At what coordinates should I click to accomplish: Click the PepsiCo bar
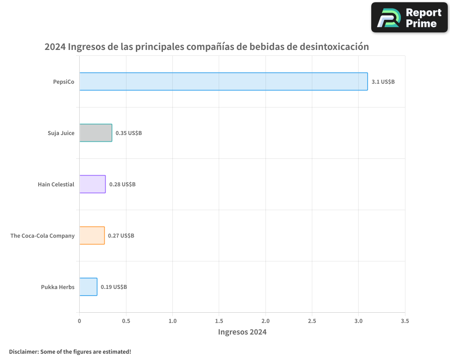(x=224, y=81)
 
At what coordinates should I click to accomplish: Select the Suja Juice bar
(x=96, y=133)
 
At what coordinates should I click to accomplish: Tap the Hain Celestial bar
(x=93, y=184)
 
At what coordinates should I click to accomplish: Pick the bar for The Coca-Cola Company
(x=92, y=235)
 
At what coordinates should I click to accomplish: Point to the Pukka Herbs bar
(x=88, y=287)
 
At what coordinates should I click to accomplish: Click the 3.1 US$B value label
(x=383, y=82)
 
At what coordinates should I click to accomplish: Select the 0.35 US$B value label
(x=129, y=133)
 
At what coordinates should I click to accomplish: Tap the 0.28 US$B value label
(x=122, y=184)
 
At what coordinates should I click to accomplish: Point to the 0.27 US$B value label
(x=121, y=236)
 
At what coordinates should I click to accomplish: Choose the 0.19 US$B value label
(x=114, y=287)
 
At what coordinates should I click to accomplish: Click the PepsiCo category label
(x=63, y=82)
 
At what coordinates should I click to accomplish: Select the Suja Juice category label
(x=61, y=133)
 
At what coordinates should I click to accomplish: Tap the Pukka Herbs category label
(x=58, y=287)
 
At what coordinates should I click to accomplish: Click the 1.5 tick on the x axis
(x=219, y=321)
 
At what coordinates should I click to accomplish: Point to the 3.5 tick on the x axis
(x=405, y=321)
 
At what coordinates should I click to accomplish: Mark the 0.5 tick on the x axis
(x=126, y=321)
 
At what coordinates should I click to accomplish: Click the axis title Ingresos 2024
(x=242, y=332)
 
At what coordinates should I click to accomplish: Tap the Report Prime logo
(x=409, y=18)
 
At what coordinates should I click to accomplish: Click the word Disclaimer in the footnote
(x=23, y=351)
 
